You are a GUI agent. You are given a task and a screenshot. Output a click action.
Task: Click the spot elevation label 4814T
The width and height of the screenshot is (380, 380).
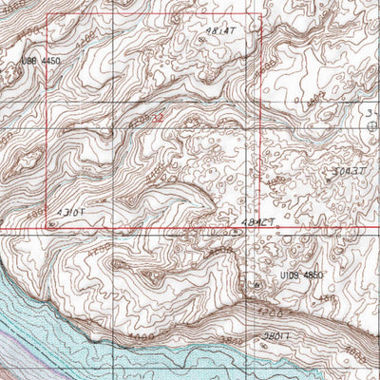tap(219, 30)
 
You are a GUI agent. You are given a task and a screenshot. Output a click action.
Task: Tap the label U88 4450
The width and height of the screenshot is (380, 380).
tap(40, 60)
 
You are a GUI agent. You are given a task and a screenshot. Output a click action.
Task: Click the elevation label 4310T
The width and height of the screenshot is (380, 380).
tap(70, 212)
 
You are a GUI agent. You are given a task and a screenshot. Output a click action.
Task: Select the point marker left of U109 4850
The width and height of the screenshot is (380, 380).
tap(256, 284)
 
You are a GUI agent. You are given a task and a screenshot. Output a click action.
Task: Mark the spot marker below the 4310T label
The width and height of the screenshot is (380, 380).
tap(49, 225)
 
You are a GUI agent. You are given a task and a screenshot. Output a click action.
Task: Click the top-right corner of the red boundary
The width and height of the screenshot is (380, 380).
tap(261, 15)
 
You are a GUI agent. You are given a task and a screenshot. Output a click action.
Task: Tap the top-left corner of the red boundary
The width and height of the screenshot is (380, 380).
tap(46, 15)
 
